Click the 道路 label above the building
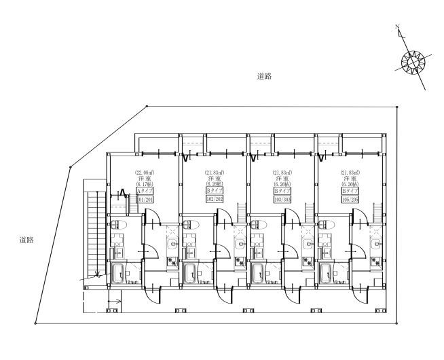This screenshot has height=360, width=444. click(265, 77)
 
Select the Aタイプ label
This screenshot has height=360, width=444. click(145, 191)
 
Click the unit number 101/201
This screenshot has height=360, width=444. click(145, 199)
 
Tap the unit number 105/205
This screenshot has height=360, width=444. click(350, 199)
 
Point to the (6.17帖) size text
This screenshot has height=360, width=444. click(145, 184)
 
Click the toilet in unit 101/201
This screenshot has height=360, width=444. click(119, 225)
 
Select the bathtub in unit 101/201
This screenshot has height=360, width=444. click(118, 274)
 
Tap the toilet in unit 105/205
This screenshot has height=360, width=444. click(327, 225)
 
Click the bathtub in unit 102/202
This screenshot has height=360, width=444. click(189, 274)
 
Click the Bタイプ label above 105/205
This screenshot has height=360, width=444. click(350, 191)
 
